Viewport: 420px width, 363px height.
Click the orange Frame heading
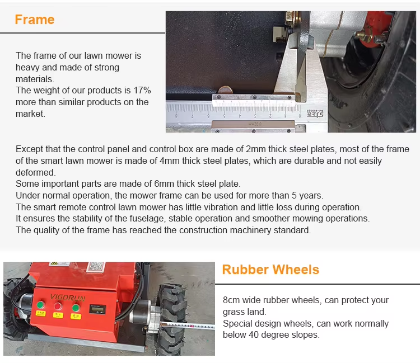(x=35, y=20)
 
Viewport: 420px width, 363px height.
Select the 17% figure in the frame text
(x=142, y=91)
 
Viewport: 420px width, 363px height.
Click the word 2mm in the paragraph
(x=256, y=149)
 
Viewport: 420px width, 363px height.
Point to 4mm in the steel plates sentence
(x=170, y=161)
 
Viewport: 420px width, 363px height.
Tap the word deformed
(x=36, y=172)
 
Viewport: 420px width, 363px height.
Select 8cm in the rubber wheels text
(x=231, y=300)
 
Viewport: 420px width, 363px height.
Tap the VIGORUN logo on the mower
(x=68, y=298)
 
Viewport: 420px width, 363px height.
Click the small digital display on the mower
(x=97, y=309)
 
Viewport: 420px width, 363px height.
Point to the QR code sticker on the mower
(x=96, y=266)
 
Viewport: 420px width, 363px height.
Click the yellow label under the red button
(x=58, y=315)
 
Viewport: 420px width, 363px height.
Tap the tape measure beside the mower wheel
(x=188, y=326)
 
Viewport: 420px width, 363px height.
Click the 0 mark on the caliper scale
(x=300, y=116)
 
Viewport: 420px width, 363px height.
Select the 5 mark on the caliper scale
(x=224, y=116)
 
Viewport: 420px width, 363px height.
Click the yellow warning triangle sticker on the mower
(x=54, y=263)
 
